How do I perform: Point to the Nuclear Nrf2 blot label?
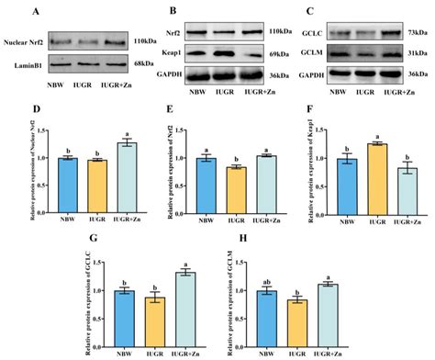pos(26,41)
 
